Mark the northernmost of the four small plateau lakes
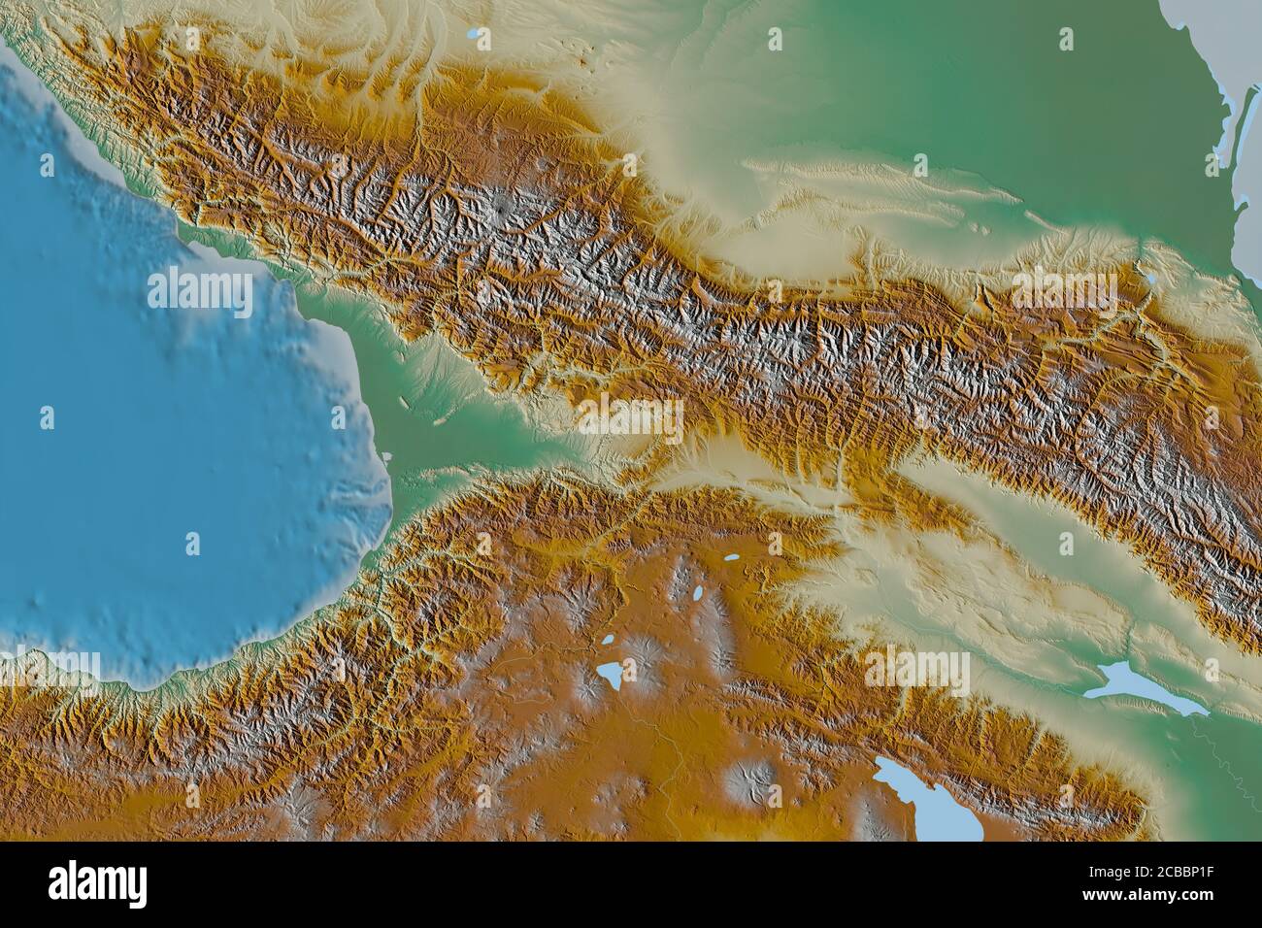click(x=729, y=558)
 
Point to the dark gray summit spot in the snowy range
click(x=498, y=207)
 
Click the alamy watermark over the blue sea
click(x=199, y=294)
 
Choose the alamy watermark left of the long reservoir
click(x=916, y=671)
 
